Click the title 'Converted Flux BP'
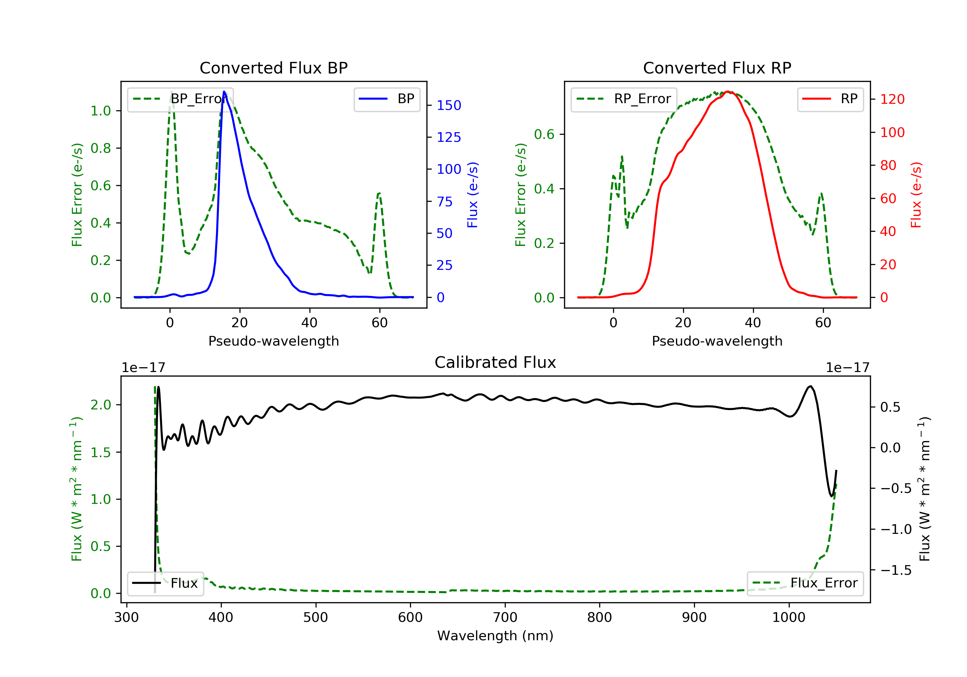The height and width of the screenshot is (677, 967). pos(274,68)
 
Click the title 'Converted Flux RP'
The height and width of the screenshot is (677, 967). pos(717,68)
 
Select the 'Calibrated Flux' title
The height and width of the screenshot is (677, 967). pos(495,362)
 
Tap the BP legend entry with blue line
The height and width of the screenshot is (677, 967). pos(386,99)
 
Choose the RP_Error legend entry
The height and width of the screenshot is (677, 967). pos(624,99)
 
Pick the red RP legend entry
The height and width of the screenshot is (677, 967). pos(830,99)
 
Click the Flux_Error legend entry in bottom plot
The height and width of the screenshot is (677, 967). pos(805,583)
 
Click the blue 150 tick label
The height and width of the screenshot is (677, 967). pos(449,105)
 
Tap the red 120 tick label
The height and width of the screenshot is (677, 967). pos(892,99)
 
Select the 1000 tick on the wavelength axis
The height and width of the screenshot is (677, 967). pos(788,618)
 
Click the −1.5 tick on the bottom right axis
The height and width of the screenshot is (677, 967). pos(896,570)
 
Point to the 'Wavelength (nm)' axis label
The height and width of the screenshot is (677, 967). pos(495,636)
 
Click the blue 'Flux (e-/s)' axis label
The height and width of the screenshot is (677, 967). pos(473,195)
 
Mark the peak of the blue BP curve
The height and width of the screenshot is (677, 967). pos(224,92)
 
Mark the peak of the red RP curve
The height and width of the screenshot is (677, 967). pos(728,92)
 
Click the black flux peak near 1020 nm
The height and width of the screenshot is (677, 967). pos(810,386)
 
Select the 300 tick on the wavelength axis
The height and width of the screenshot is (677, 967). pos(126,618)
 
